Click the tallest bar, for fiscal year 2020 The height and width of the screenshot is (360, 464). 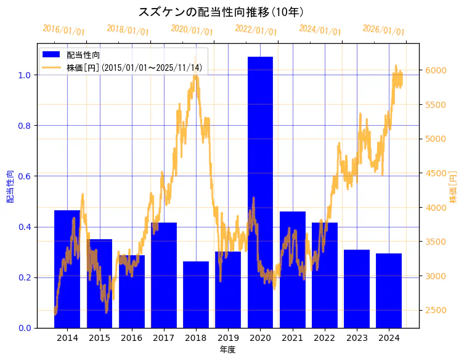(x=260, y=192)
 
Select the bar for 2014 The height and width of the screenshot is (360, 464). (x=67, y=269)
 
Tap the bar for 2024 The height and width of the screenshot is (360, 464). (x=389, y=290)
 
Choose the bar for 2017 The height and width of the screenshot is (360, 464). (x=164, y=275)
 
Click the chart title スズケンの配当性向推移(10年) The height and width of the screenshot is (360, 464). (x=221, y=12)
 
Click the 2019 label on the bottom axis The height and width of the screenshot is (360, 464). (x=228, y=338)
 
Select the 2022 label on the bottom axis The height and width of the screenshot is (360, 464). (x=324, y=338)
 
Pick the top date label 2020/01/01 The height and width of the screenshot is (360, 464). (x=192, y=30)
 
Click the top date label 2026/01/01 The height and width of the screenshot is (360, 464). (x=383, y=30)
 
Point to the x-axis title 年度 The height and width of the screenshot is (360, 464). (x=228, y=350)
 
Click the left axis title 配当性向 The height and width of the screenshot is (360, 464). (x=10, y=186)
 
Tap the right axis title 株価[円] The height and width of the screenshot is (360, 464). (x=454, y=187)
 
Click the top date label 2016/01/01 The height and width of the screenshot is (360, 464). (x=63, y=30)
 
